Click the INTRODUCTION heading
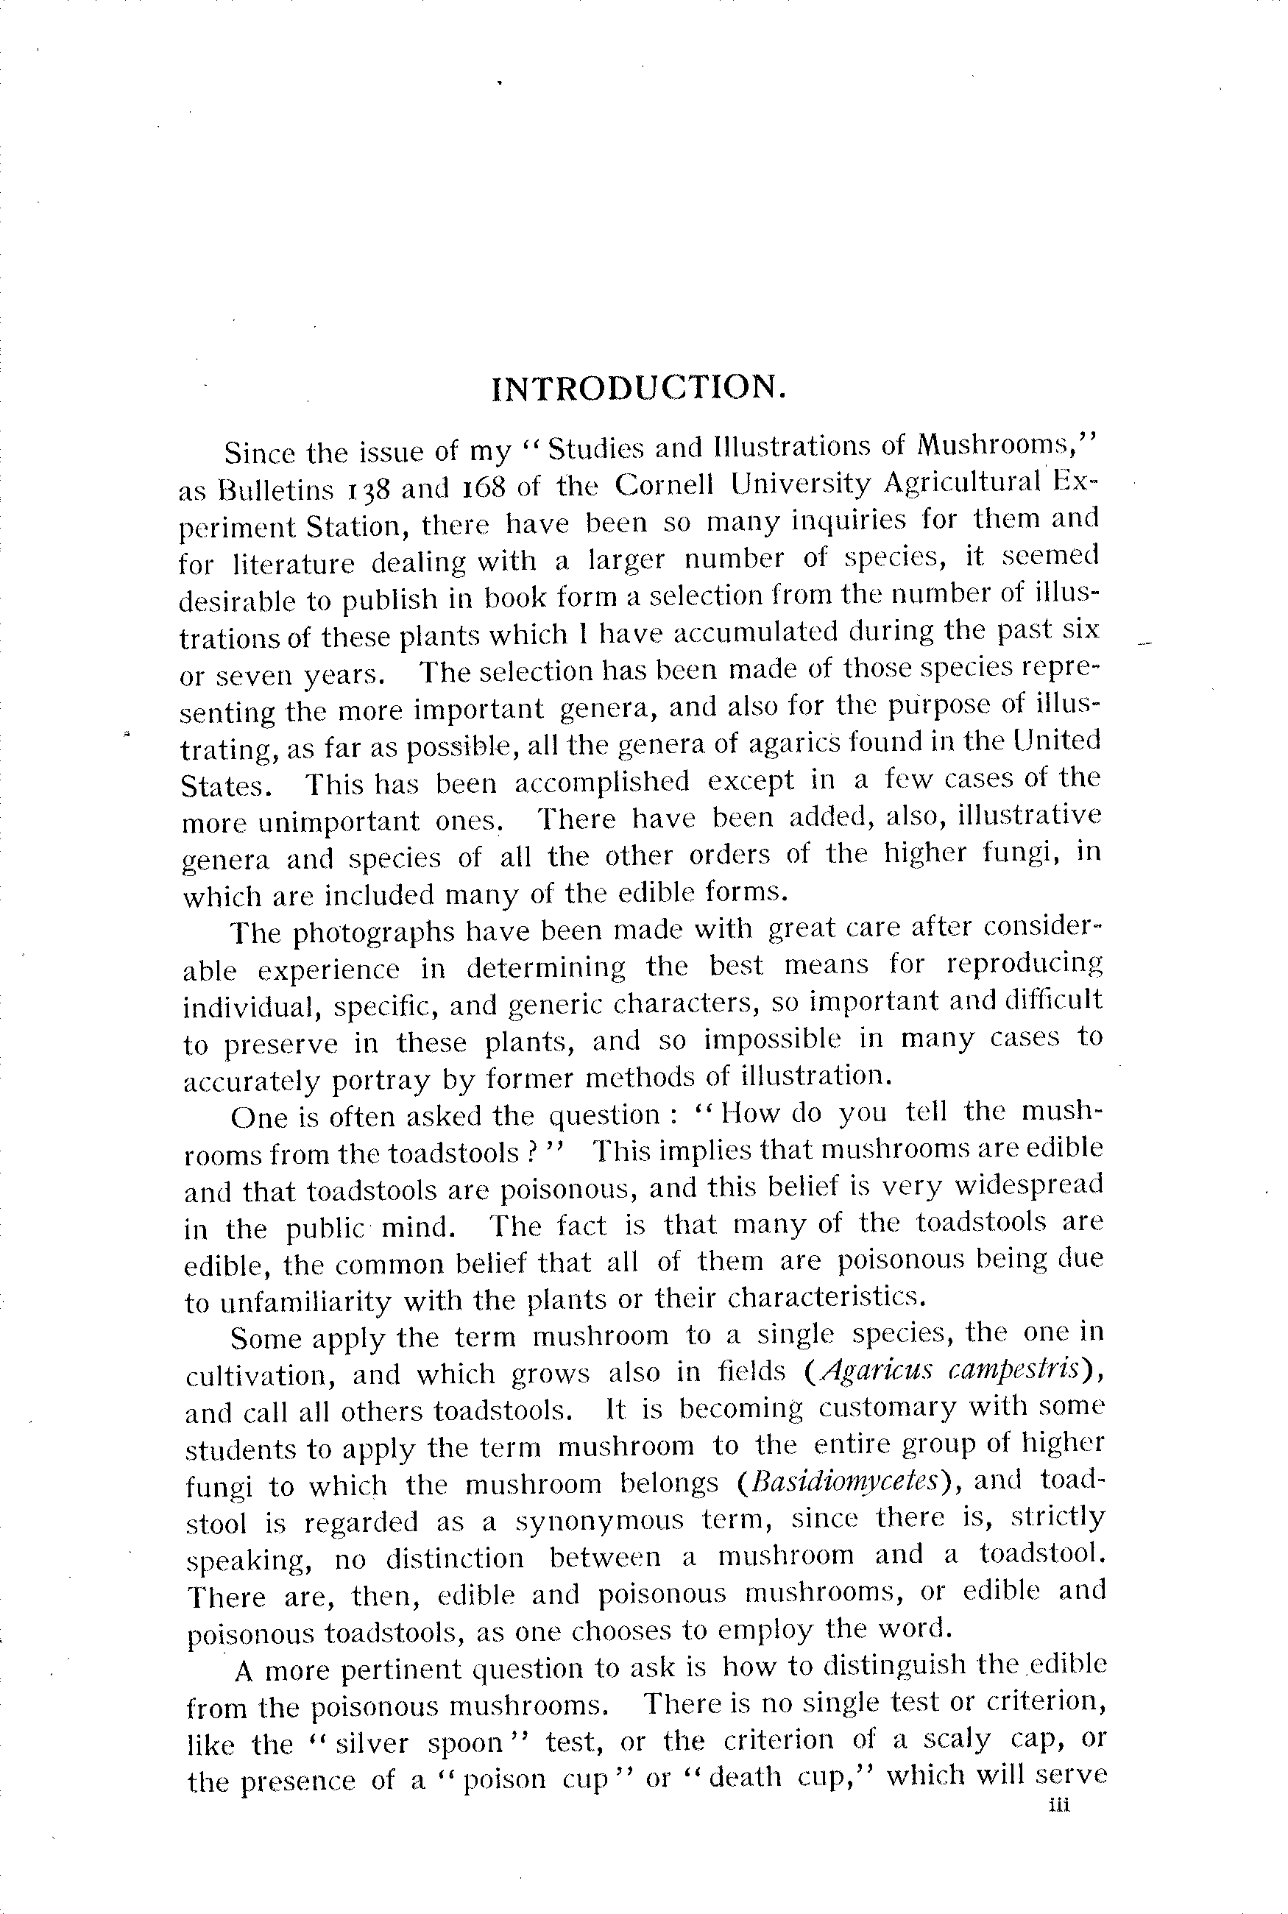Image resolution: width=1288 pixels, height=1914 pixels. pos(638,388)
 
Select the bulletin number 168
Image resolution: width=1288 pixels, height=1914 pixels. pos(476,488)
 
